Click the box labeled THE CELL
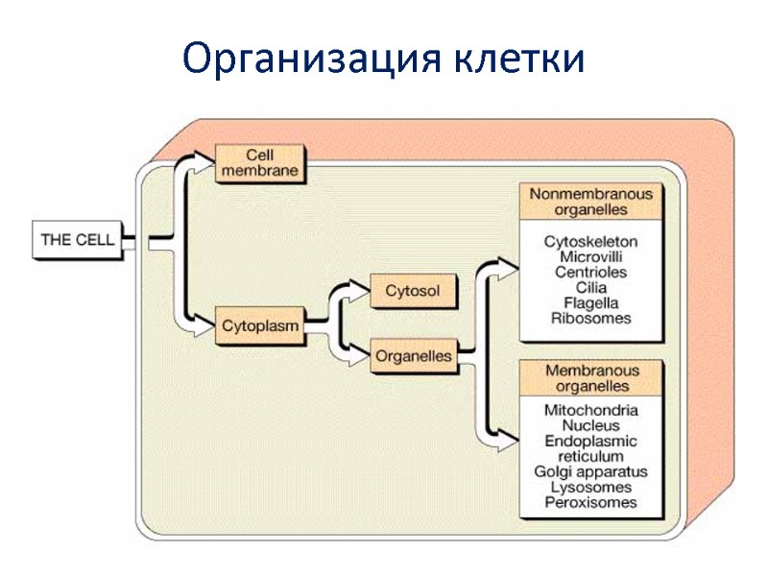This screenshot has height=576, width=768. pos(77,239)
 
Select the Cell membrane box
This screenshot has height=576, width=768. pos(259,163)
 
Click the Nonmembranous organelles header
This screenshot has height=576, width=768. pos(591,201)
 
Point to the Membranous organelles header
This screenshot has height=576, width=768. pos(591,377)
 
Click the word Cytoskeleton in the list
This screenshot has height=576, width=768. pos(591,241)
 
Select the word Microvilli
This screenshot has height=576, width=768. pos(591,256)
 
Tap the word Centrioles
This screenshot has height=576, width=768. pos(591,272)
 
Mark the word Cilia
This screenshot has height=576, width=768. pos(591,287)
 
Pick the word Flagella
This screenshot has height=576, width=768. pos(591,302)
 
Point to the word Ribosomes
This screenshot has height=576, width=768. pos(591,318)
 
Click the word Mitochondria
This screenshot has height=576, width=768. pos(591,410)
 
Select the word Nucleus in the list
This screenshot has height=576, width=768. pos(591,425)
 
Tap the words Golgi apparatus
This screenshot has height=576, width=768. pos(591,471)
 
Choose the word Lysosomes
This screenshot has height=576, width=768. pos(591,487)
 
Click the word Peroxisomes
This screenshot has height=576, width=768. pos(591,502)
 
